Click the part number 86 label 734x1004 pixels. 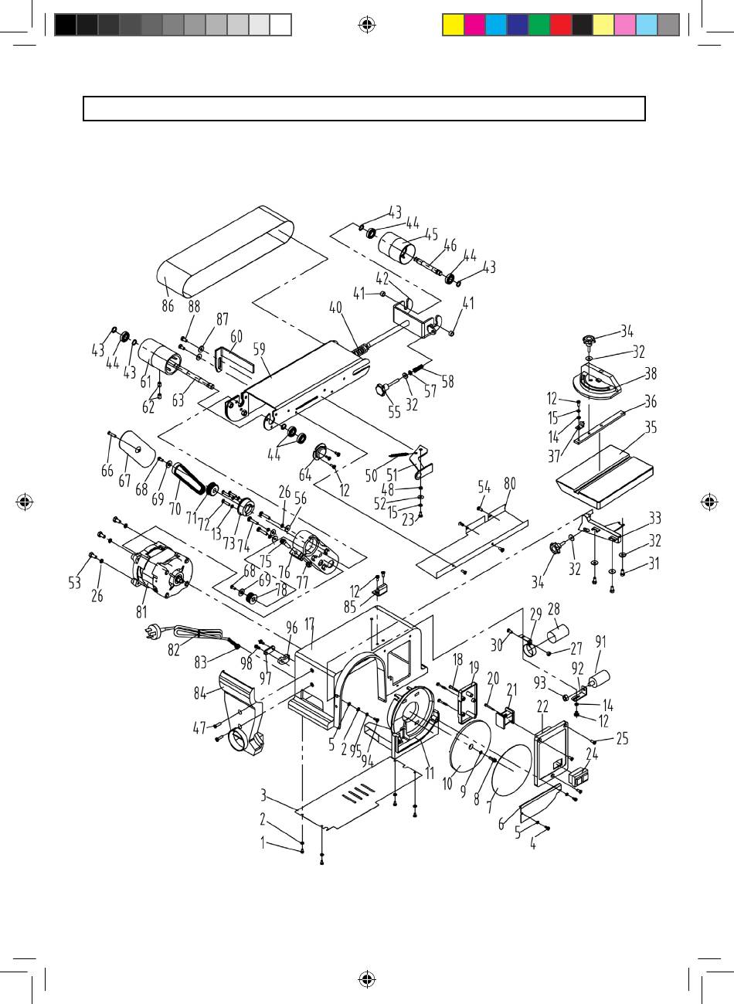point(168,306)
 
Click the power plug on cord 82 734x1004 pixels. point(149,632)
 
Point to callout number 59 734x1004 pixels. point(259,349)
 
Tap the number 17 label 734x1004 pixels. point(309,625)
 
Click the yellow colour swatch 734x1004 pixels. point(453,25)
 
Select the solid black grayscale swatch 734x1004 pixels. point(66,25)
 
